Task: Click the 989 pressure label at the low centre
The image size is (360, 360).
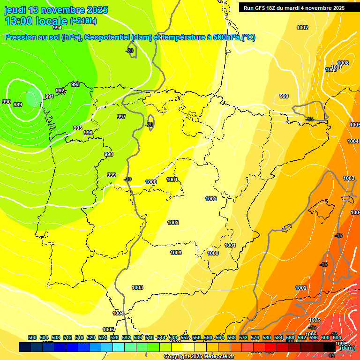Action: point(18,105)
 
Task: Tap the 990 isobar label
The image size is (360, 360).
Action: point(7,102)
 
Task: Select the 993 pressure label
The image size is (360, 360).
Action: point(75,84)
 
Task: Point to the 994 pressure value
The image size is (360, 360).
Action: point(57,28)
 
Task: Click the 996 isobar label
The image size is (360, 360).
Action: point(88,133)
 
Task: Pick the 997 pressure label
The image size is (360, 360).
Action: point(121,117)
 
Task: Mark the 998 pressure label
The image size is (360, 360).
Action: point(109,154)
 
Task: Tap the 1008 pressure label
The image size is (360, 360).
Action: point(343,63)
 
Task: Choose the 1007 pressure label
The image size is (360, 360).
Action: point(337,67)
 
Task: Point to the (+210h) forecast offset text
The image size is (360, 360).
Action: point(83,21)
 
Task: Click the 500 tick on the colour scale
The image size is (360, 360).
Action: point(32,337)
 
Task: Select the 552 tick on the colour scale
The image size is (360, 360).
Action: point(185,337)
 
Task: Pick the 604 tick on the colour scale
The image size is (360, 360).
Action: point(337,337)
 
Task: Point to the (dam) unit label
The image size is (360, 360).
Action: point(347,347)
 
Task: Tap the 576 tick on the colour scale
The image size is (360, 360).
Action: point(255,337)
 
